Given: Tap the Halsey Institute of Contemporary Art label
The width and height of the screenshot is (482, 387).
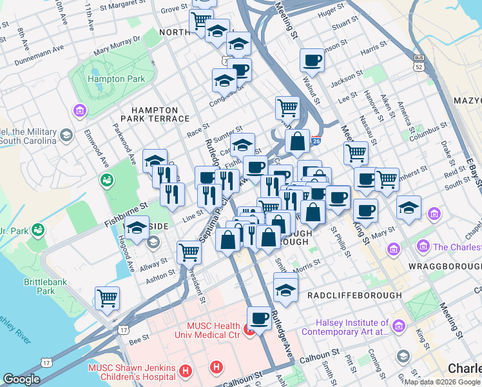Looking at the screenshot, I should (352, 328).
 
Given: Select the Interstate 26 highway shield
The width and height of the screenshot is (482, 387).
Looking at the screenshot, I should (315, 141).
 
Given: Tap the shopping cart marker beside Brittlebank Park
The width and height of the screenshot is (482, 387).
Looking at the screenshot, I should (107, 297).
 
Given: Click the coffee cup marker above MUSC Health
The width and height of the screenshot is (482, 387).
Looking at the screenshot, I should (259, 317).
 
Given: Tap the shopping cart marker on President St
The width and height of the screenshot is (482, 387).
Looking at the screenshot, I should (189, 251).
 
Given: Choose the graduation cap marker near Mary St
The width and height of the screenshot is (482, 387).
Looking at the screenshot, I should (409, 207).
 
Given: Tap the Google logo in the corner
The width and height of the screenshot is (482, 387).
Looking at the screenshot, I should (21, 379).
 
